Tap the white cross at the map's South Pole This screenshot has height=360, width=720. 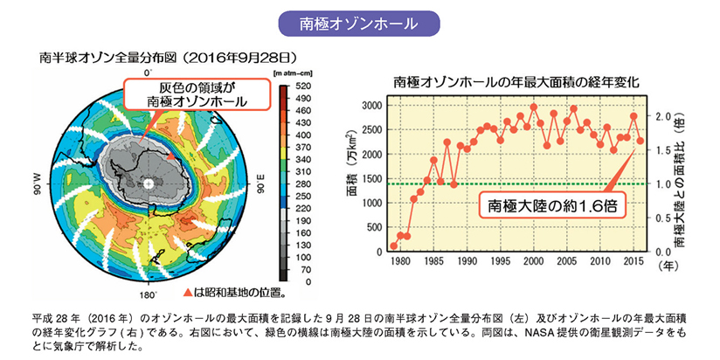click(x=149, y=183)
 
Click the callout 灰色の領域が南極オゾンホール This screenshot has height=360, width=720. click(x=197, y=95)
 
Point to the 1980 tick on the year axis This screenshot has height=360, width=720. click(x=400, y=260)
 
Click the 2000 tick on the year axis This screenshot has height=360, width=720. click(x=533, y=260)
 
